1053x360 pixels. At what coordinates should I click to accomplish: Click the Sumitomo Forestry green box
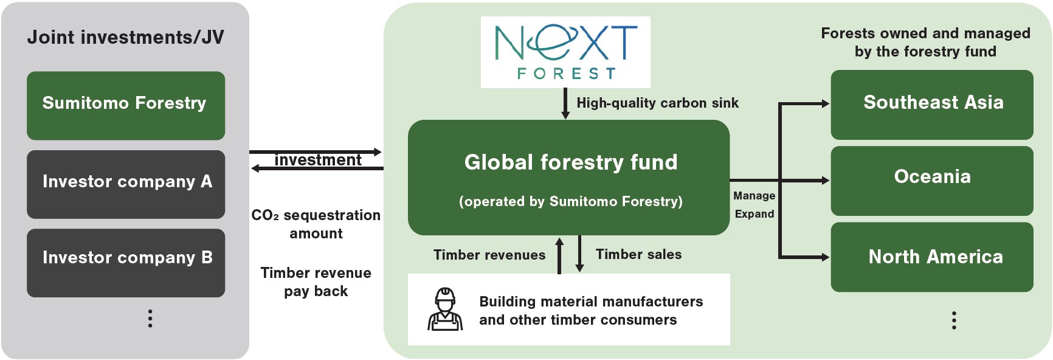[x=126, y=106]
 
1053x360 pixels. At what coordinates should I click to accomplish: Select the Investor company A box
[x=126, y=184]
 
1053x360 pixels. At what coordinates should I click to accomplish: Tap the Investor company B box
[x=126, y=263]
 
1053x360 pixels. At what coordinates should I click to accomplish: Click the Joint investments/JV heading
[x=126, y=38]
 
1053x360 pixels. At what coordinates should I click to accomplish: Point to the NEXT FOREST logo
[x=565, y=52]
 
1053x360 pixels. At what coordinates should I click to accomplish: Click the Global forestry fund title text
[x=571, y=162]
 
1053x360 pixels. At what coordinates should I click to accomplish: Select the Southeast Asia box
[x=932, y=105]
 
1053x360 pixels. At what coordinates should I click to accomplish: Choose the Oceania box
[x=932, y=181]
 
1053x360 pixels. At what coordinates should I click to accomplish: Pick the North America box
[x=932, y=257]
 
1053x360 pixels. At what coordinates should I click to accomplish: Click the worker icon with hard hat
[x=445, y=309]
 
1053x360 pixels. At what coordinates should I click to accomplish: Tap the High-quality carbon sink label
[x=658, y=103]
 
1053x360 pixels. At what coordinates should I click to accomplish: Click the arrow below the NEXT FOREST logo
[x=565, y=103]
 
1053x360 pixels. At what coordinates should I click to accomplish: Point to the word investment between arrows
[x=318, y=160]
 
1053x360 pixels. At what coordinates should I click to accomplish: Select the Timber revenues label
[x=489, y=255]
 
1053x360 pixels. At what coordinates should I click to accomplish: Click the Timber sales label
[x=639, y=254]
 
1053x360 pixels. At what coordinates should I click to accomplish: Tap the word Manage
[x=754, y=196]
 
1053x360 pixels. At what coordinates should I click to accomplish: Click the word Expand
[x=754, y=214]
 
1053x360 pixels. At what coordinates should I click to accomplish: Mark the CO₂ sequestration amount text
[x=316, y=224]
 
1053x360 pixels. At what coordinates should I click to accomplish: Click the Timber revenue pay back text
[x=316, y=282]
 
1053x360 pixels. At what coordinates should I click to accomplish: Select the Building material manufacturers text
[x=591, y=302]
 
